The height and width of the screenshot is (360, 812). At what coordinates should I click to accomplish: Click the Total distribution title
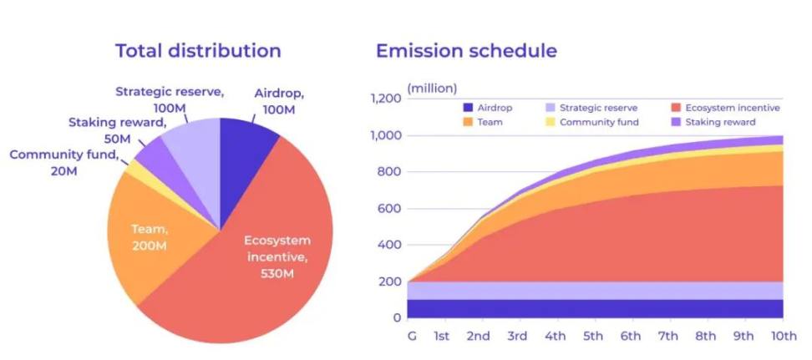tap(198, 50)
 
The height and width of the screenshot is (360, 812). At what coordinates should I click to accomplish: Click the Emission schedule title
tap(466, 50)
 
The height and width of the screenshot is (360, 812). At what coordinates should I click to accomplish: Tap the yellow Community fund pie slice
tap(133, 167)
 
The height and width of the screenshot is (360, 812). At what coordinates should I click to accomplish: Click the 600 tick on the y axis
tap(389, 209)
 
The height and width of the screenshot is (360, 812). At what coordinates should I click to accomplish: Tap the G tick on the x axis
tap(411, 336)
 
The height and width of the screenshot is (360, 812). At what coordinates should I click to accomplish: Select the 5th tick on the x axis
tap(593, 336)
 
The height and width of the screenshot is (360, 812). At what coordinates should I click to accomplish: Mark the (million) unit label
tap(432, 88)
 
